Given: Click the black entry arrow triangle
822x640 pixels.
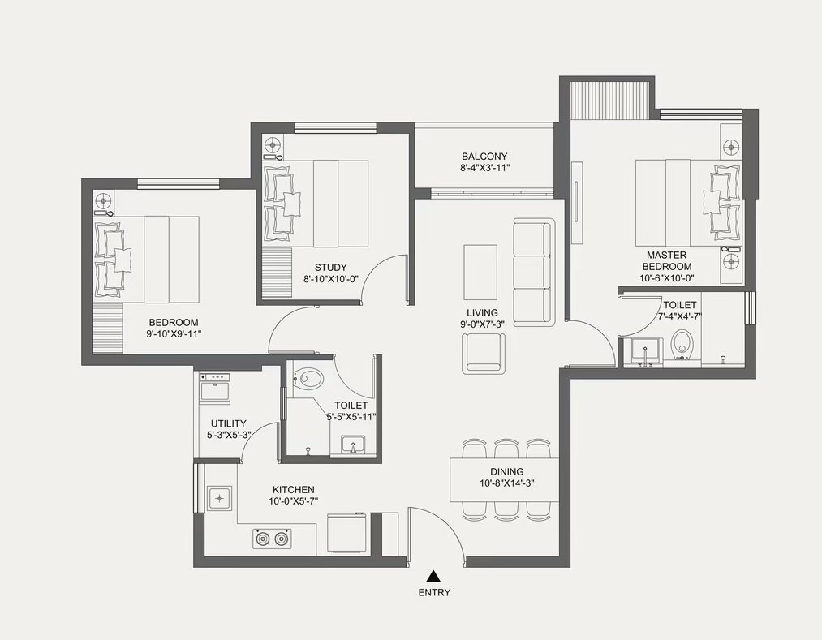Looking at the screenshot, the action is pyautogui.click(x=433, y=576).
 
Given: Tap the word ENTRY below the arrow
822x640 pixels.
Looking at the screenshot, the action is pyautogui.click(x=434, y=593).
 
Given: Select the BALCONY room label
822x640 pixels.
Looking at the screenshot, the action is pyautogui.click(x=484, y=157).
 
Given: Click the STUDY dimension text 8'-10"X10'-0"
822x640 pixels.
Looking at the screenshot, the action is pyautogui.click(x=330, y=279).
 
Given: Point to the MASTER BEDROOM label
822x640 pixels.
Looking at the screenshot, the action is pyautogui.click(x=666, y=260).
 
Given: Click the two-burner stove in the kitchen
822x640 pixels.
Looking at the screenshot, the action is pyautogui.click(x=272, y=539).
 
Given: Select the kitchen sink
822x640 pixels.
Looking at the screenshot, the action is pyautogui.click(x=220, y=498).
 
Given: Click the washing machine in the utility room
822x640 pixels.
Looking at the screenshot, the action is pyautogui.click(x=215, y=388).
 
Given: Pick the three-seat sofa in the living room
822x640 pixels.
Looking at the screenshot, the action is pyautogui.click(x=532, y=273).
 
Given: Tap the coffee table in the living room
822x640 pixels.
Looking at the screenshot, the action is pyautogui.click(x=480, y=273).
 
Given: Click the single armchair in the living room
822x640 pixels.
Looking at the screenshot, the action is pyautogui.click(x=484, y=354).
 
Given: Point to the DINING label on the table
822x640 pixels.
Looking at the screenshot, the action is pyautogui.click(x=507, y=472).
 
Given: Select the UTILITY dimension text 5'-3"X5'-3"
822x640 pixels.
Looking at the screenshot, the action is pyautogui.click(x=229, y=435).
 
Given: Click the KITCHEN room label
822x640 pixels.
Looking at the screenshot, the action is pyautogui.click(x=294, y=490).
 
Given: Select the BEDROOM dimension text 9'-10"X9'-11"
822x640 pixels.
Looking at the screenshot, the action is pyautogui.click(x=174, y=334).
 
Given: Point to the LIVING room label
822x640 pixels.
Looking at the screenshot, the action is pyautogui.click(x=482, y=313).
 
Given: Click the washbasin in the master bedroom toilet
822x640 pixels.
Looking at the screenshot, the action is pyautogui.click(x=644, y=350).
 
